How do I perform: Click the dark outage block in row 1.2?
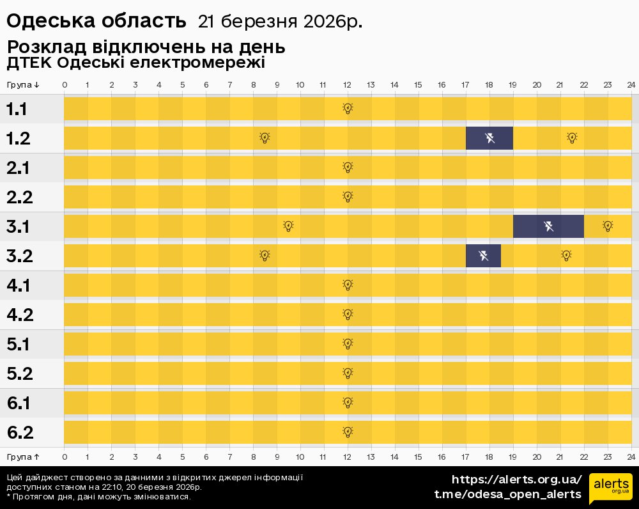point(489,138)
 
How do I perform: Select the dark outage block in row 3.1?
point(548,226)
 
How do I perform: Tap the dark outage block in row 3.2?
point(483,256)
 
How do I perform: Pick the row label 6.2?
point(20,433)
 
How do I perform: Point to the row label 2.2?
point(20,197)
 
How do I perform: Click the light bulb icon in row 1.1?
point(348,108)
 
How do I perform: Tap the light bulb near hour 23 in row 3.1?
point(608,226)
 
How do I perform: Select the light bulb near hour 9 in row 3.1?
point(288,226)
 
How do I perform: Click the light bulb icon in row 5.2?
point(348,373)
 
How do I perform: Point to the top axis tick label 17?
point(465,85)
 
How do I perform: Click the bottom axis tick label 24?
point(631,457)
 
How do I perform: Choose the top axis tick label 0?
point(65,85)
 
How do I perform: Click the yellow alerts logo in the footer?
point(610,489)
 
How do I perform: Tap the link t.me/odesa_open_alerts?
point(507,494)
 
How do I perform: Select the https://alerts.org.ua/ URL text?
point(516,479)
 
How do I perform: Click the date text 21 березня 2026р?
point(280,22)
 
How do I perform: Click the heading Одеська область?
point(96,21)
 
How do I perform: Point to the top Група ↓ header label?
point(24,85)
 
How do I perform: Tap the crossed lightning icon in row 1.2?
point(490,138)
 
